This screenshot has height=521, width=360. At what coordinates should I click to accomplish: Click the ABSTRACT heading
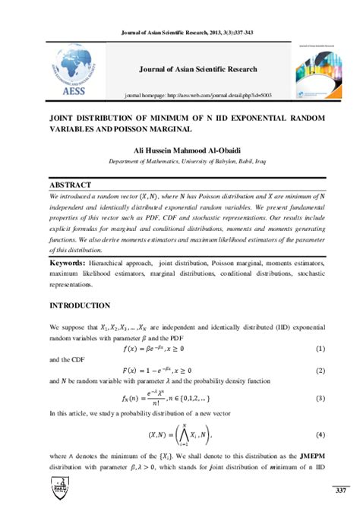tap(69, 185)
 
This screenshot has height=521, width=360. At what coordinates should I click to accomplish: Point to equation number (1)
tap(321, 349)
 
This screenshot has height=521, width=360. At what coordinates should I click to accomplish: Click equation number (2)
tap(321, 371)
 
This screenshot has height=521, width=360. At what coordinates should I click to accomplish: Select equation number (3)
tap(321, 397)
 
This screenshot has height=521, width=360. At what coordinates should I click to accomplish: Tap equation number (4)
tap(321, 435)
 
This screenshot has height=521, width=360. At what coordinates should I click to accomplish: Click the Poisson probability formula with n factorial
tap(176, 397)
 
